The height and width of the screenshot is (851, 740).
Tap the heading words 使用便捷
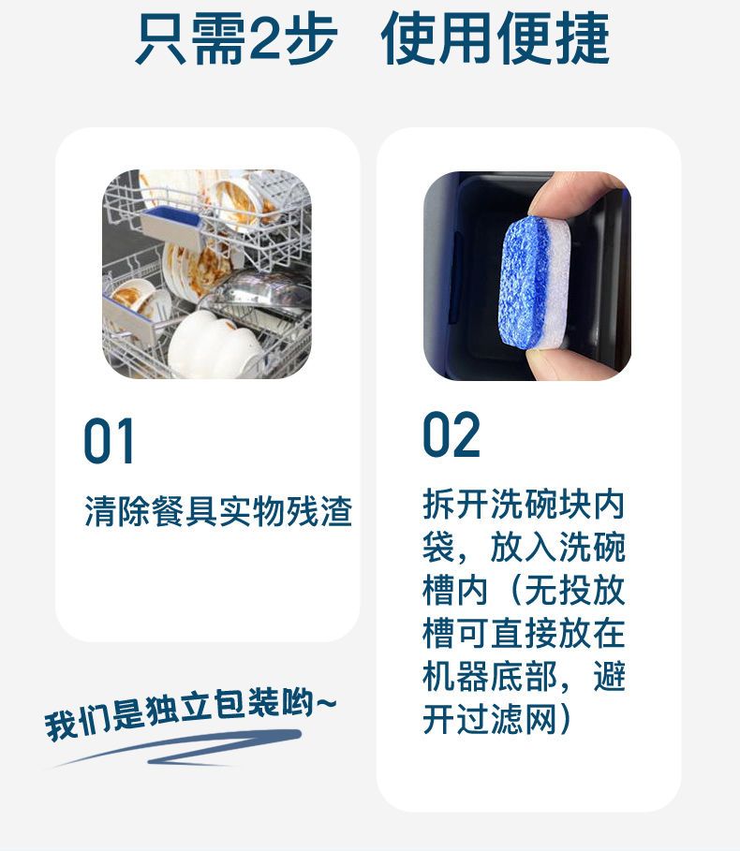click(496, 37)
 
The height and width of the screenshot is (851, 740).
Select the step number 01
click(109, 441)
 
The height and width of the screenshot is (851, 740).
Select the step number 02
click(451, 434)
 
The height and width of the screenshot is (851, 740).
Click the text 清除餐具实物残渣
click(218, 511)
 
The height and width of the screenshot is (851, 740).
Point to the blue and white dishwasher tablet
click(535, 284)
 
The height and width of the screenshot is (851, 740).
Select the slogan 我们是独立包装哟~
click(190, 712)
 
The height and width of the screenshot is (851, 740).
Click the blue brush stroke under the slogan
click(179, 748)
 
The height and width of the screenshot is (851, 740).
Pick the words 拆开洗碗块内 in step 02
click(524, 505)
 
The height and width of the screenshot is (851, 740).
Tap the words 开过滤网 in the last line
click(489, 720)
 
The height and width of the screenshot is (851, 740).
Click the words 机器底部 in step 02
click(489, 676)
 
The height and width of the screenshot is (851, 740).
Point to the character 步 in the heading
click(312, 37)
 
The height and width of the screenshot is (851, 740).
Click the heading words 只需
click(192, 37)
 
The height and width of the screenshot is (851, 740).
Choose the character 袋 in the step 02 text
click(438, 547)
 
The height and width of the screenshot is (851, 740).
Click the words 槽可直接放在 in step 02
click(524, 634)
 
